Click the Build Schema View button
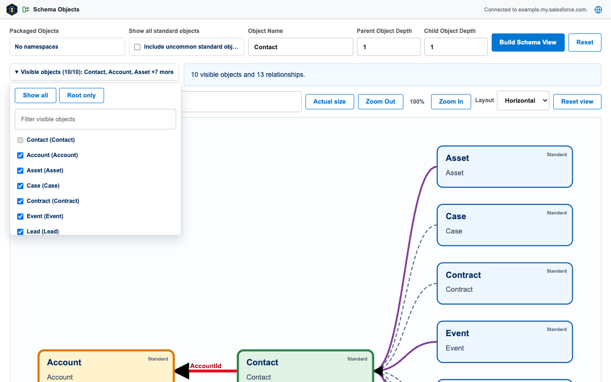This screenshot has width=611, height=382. tap(528, 42)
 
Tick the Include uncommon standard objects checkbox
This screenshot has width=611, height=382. tap(137, 47)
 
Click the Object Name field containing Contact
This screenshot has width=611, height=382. tap(300, 47)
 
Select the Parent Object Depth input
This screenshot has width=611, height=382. tap(389, 47)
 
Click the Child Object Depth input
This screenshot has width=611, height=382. tap(456, 47)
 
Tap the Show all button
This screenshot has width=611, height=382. tap(35, 95)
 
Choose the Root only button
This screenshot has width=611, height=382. tap(82, 95)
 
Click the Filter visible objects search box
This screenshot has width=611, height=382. tap(95, 119)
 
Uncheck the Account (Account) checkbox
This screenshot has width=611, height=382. tap(20, 155)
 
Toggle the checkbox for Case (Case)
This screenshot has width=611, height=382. tap(20, 186)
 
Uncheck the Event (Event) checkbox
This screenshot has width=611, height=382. tap(20, 216)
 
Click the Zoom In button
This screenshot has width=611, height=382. tap(451, 102)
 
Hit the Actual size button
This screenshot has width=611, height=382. tap(329, 102)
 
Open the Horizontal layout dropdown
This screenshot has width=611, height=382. tap(523, 100)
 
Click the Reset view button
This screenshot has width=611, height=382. tap(577, 102)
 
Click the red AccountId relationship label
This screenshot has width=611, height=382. tap(206, 366)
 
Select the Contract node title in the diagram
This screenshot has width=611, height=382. tap(463, 275)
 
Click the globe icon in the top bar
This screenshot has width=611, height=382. tap(598, 10)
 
